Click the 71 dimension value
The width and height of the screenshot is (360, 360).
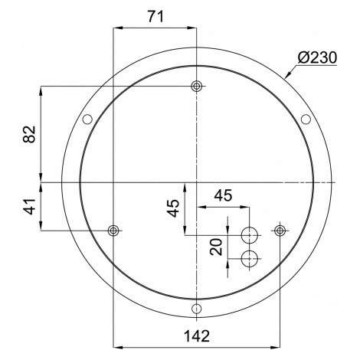pyautogui.click(x=155, y=17)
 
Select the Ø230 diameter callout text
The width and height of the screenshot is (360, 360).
pyautogui.click(x=317, y=57)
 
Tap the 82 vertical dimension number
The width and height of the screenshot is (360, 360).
pyautogui.click(x=29, y=134)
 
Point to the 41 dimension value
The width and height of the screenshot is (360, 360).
pyautogui.click(x=29, y=206)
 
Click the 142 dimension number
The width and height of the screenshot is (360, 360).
pyautogui.click(x=197, y=336)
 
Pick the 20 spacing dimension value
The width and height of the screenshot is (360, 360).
pyautogui.click(x=216, y=247)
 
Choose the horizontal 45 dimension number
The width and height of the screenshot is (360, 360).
pyautogui.click(x=223, y=195)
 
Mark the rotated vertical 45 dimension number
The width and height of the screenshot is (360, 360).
pyautogui.click(x=173, y=208)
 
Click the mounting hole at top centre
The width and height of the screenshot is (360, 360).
pyautogui.click(x=196, y=87)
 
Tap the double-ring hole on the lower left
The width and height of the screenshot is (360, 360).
pyautogui.click(x=113, y=231)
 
